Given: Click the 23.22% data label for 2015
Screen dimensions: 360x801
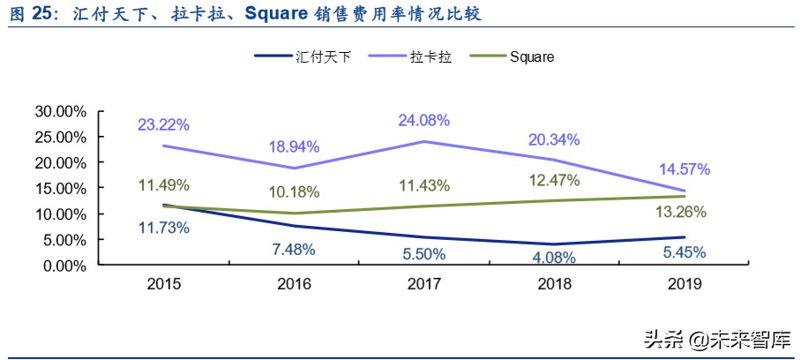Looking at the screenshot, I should pos(162,125).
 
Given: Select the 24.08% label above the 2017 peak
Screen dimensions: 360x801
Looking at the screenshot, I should pos(425,120).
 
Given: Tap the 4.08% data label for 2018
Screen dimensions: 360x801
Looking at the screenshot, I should pos(554,258).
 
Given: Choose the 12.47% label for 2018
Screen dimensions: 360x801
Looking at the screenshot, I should pos(554,181).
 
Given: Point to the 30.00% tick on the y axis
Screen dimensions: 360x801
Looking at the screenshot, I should pos(61,111).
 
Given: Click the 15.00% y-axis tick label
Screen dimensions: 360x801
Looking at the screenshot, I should pos(61,188).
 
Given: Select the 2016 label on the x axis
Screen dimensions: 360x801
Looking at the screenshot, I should pos(294,285).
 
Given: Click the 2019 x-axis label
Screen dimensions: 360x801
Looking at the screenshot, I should pos(685,285).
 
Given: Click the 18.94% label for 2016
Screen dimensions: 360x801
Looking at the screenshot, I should pos(294,146).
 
